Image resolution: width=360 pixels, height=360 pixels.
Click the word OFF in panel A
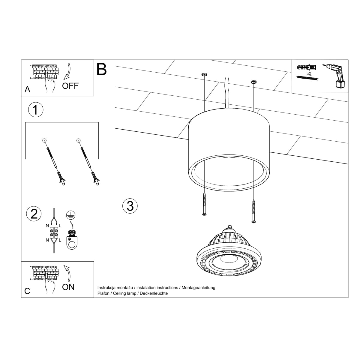click(70, 86)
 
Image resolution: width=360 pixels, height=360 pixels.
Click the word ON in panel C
click(68, 287)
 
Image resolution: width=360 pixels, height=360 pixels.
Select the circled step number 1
click(35, 110)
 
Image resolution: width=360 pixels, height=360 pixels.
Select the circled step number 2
click(34, 214)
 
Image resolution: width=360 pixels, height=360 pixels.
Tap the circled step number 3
click(130, 206)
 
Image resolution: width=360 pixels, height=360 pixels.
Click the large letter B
click(102, 69)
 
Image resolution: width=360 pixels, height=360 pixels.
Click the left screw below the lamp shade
click(204, 204)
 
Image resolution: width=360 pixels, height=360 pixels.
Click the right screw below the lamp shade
click(254, 211)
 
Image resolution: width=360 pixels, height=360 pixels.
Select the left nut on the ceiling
click(204, 74)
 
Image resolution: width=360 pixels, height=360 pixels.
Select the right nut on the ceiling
click(253, 81)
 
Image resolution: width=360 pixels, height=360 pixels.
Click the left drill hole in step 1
click(44, 140)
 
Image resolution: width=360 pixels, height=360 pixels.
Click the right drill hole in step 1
click(79, 140)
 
